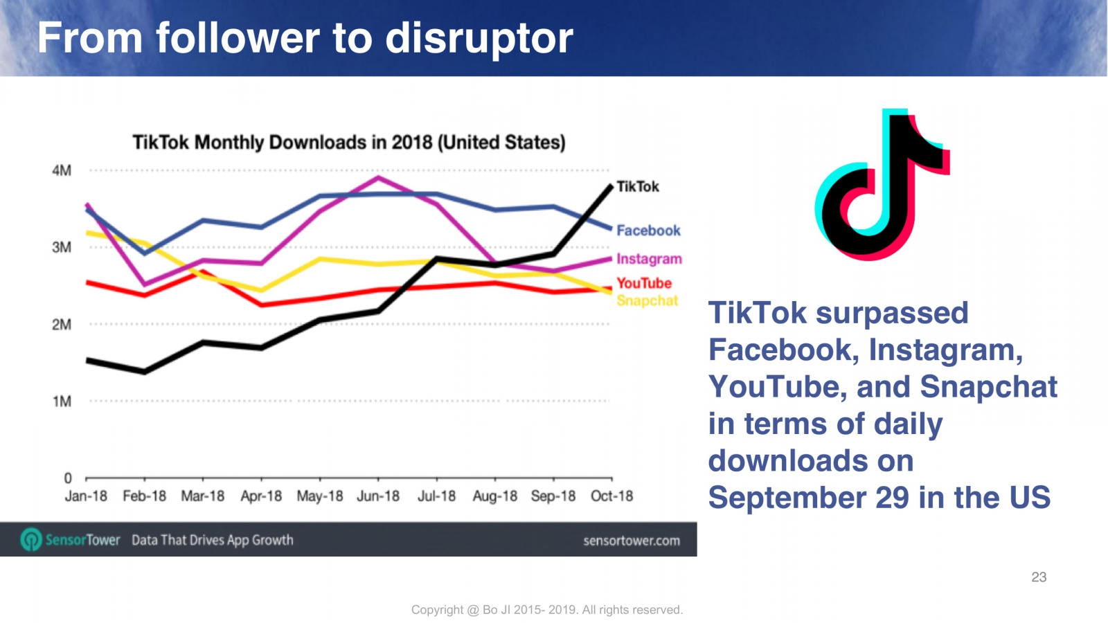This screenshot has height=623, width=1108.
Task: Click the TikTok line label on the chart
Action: click(x=637, y=187)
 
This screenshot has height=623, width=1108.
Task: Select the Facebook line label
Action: click(x=648, y=231)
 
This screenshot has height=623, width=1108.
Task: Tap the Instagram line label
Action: click(x=649, y=259)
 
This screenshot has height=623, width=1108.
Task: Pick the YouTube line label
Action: click(x=644, y=283)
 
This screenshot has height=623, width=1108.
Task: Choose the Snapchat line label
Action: click(x=647, y=300)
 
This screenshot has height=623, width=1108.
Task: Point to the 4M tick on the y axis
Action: click(x=62, y=170)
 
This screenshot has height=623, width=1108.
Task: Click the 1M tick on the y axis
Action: click(x=62, y=401)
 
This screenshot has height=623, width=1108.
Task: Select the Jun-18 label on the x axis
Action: click(x=378, y=496)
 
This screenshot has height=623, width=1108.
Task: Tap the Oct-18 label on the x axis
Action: click(x=611, y=496)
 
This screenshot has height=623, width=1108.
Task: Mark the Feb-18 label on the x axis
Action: click(x=144, y=496)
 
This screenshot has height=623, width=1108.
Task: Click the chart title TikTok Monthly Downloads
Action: click(x=349, y=143)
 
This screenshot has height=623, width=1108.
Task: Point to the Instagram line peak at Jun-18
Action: click(x=378, y=177)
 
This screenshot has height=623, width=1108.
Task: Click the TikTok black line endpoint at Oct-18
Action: click(x=611, y=186)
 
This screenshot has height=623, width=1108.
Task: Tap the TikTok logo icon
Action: click(x=882, y=184)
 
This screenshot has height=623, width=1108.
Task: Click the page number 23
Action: click(x=1039, y=577)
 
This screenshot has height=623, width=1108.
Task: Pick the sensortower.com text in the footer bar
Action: click(x=631, y=541)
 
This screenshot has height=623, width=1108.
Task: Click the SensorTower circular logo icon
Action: click(x=31, y=540)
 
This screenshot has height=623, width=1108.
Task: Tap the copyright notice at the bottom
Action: click(x=547, y=610)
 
